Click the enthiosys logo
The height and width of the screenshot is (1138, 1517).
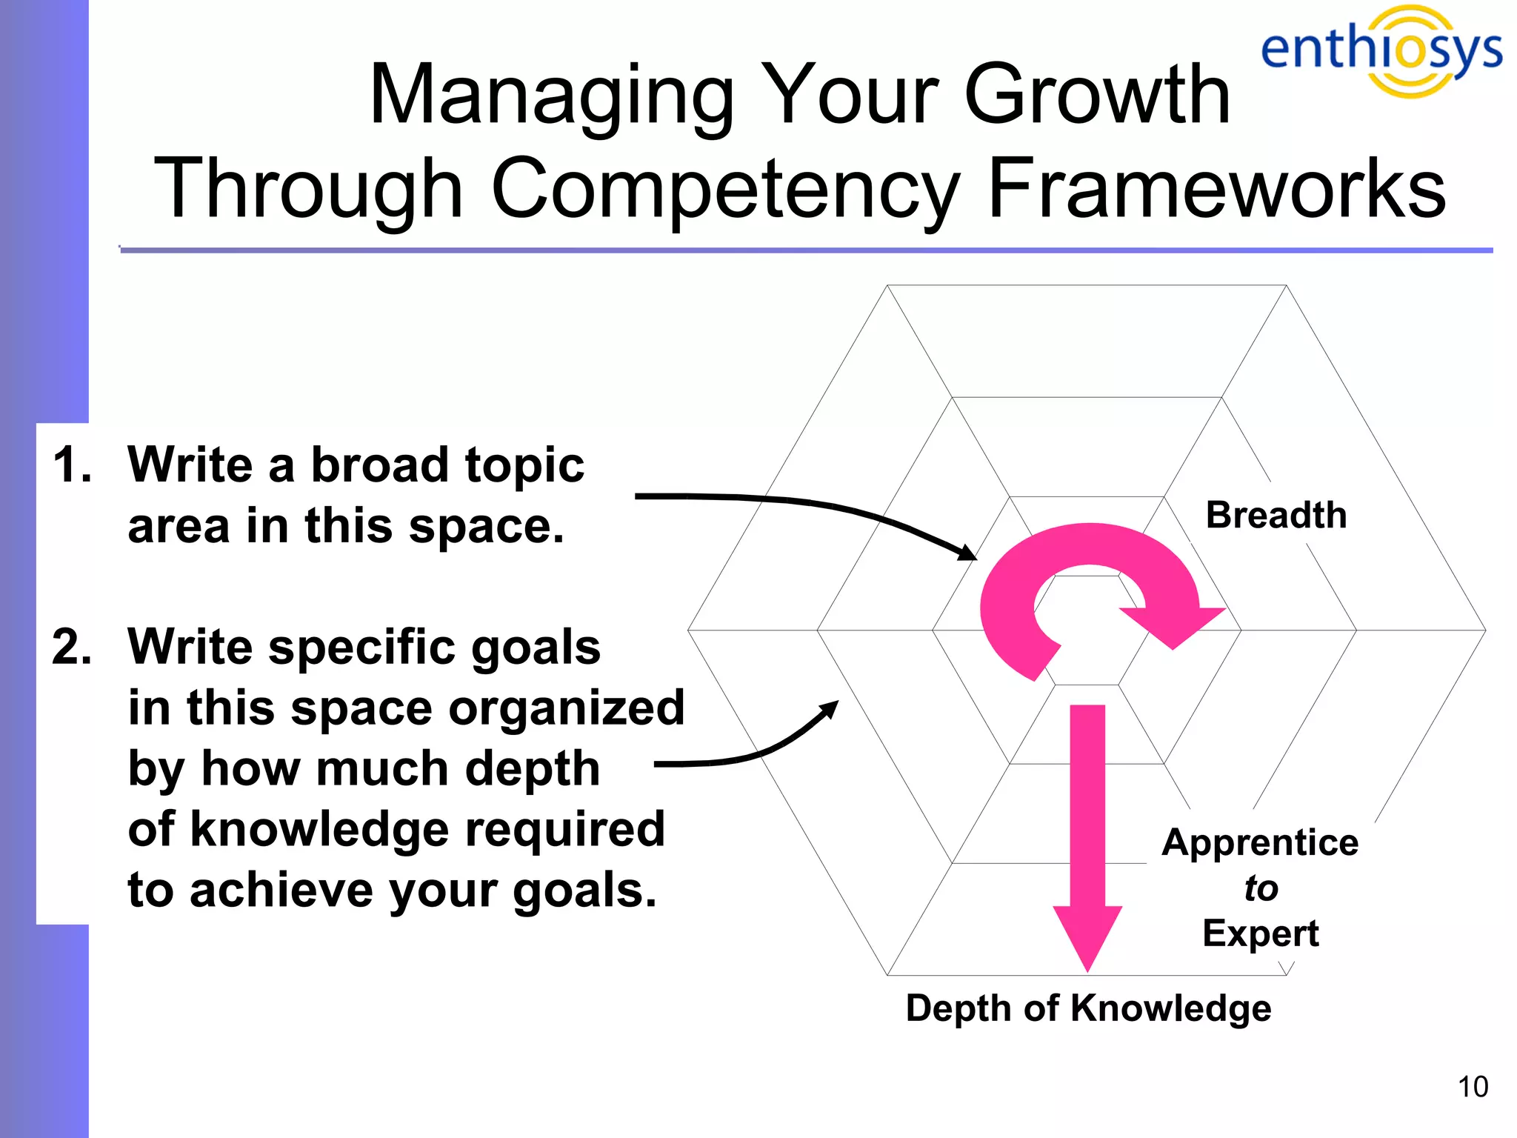(x=1381, y=50)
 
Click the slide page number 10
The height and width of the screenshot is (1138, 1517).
(x=1473, y=1087)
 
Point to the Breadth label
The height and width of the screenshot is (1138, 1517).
(x=1276, y=515)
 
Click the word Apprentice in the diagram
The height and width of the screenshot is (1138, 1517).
(x=1260, y=842)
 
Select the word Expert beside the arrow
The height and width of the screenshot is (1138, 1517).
(x=1260, y=933)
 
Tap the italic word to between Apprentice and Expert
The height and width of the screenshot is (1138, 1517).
(x=1261, y=888)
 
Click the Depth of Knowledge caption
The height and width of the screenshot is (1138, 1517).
(x=1088, y=1008)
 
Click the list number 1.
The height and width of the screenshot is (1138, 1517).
(x=72, y=465)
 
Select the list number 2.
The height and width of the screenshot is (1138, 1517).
(x=72, y=647)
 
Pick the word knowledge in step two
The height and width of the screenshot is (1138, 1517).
(x=319, y=830)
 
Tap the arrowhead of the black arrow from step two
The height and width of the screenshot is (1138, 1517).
(x=832, y=708)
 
